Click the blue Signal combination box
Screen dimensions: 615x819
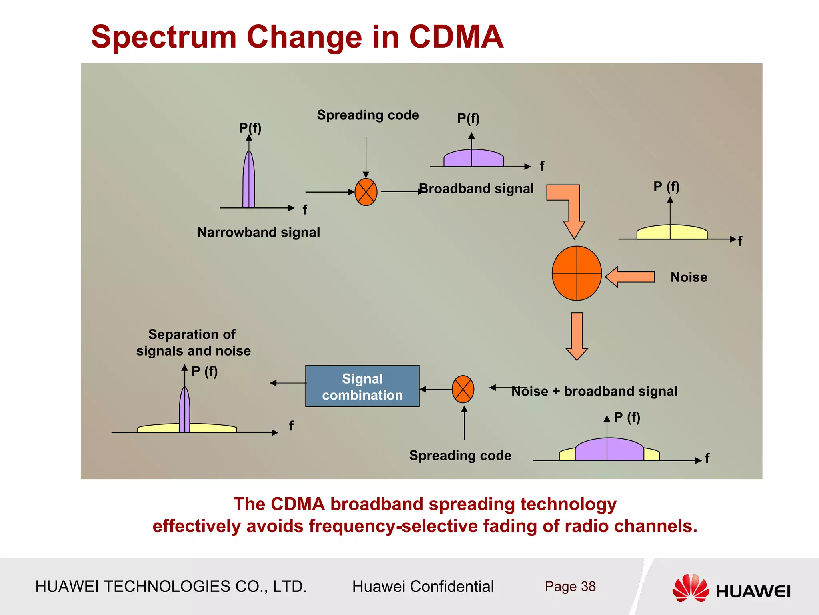[x=362, y=386]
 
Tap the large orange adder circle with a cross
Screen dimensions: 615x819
[x=577, y=273]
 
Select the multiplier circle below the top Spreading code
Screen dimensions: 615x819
[x=366, y=192]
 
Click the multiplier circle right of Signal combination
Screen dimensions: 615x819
[x=463, y=389]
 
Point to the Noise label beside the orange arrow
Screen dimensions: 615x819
[x=689, y=277]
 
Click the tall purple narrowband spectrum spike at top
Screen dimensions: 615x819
[x=249, y=180]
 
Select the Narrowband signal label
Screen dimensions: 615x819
[x=258, y=232]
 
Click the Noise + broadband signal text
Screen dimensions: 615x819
[x=594, y=391]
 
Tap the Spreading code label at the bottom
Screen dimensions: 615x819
[x=460, y=456]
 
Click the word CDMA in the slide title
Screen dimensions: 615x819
[x=456, y=37]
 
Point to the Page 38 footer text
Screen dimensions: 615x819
[x=570, y=586]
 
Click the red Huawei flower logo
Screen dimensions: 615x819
[x=690, y=588]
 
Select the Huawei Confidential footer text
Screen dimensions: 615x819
[x=423, y=586]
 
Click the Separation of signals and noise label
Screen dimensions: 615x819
[x=193, y=342]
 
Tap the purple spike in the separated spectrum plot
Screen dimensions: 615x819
[x=184, y=410]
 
